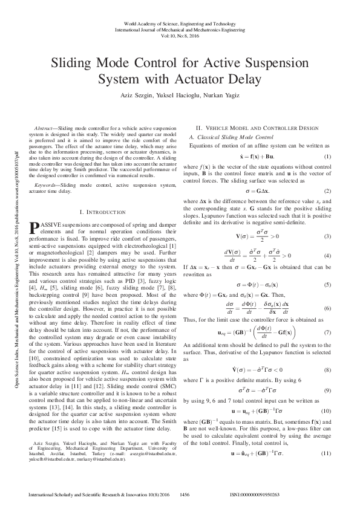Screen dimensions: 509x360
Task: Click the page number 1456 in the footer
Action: [x=185, y=494]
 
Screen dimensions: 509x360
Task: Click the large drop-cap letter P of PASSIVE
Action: [x=34, y=227]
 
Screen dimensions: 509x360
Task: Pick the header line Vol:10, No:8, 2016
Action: [x=180, y=34]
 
